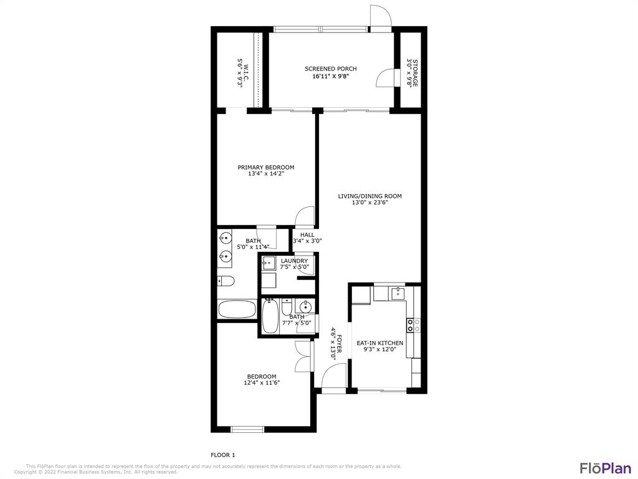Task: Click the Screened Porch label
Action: click(330, 69)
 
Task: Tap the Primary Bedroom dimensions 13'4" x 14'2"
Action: click(265, 173)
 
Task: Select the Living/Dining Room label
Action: click(370, 196)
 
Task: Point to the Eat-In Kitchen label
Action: click(380, 343)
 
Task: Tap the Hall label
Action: click(307, 235)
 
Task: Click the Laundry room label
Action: click(294, 261)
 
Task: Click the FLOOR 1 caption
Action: click(222, 455)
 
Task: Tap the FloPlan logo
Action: click(606, 468)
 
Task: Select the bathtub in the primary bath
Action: click(237, 309)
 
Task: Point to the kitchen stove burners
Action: click(410, 325)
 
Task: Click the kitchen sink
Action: click(396, 293)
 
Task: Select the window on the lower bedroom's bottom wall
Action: click(247, 429)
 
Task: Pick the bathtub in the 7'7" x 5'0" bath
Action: click(270, 317)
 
